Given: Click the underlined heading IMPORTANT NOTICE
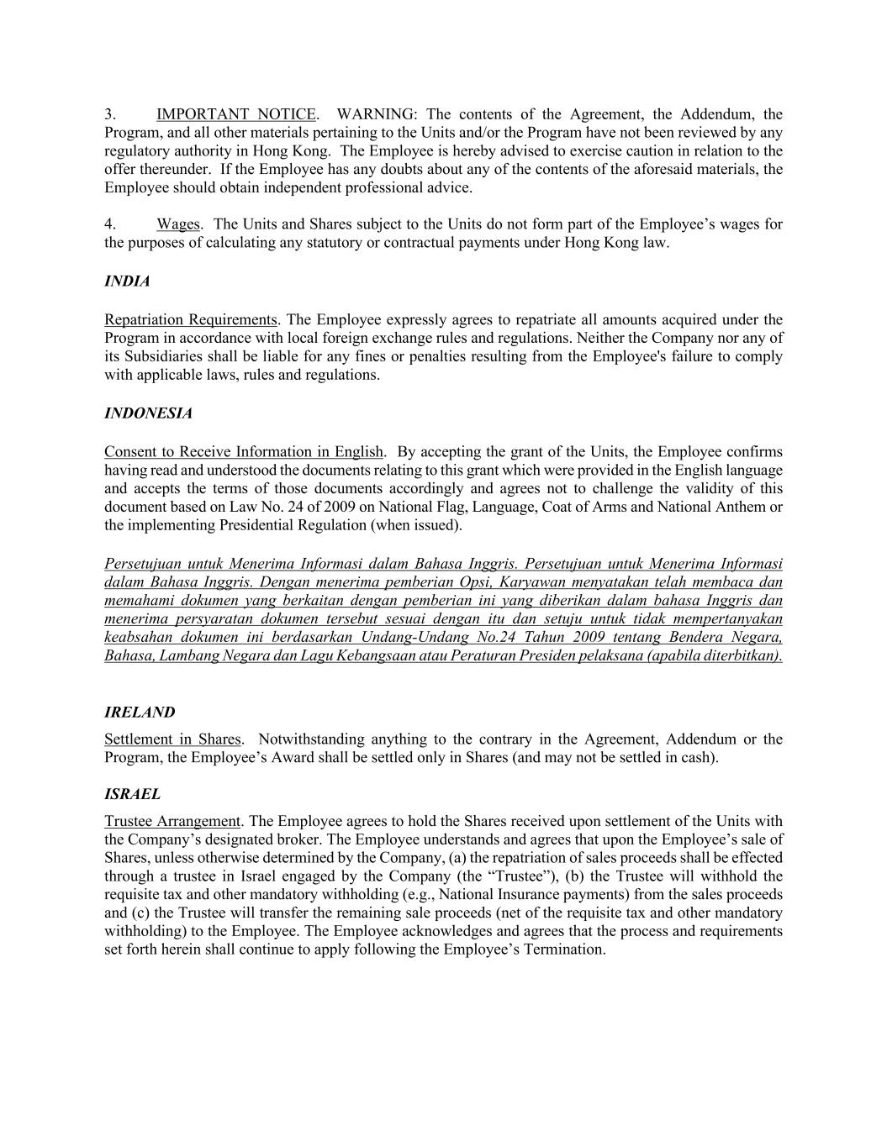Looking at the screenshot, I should click(236, 114).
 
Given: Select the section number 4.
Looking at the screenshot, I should click(110, 224).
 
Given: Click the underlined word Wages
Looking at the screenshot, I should click(178, 224).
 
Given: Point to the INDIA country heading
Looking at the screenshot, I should click(127, 281).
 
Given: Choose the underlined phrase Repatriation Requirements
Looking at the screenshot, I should click(191, 319).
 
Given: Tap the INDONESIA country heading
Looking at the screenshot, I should click(148, 413).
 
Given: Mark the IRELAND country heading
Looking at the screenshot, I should click(140, 713).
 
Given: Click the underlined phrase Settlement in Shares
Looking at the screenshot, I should click(172, 739).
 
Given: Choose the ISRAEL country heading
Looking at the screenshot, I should click(132, 794).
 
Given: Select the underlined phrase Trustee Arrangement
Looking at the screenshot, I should click(172, 821).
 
